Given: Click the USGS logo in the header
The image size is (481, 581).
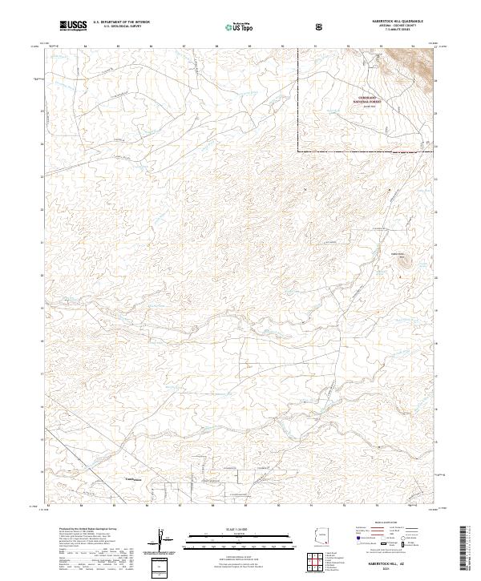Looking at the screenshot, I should tap(74, 26).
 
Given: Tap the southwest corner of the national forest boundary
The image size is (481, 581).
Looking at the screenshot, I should tap(298, 151).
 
